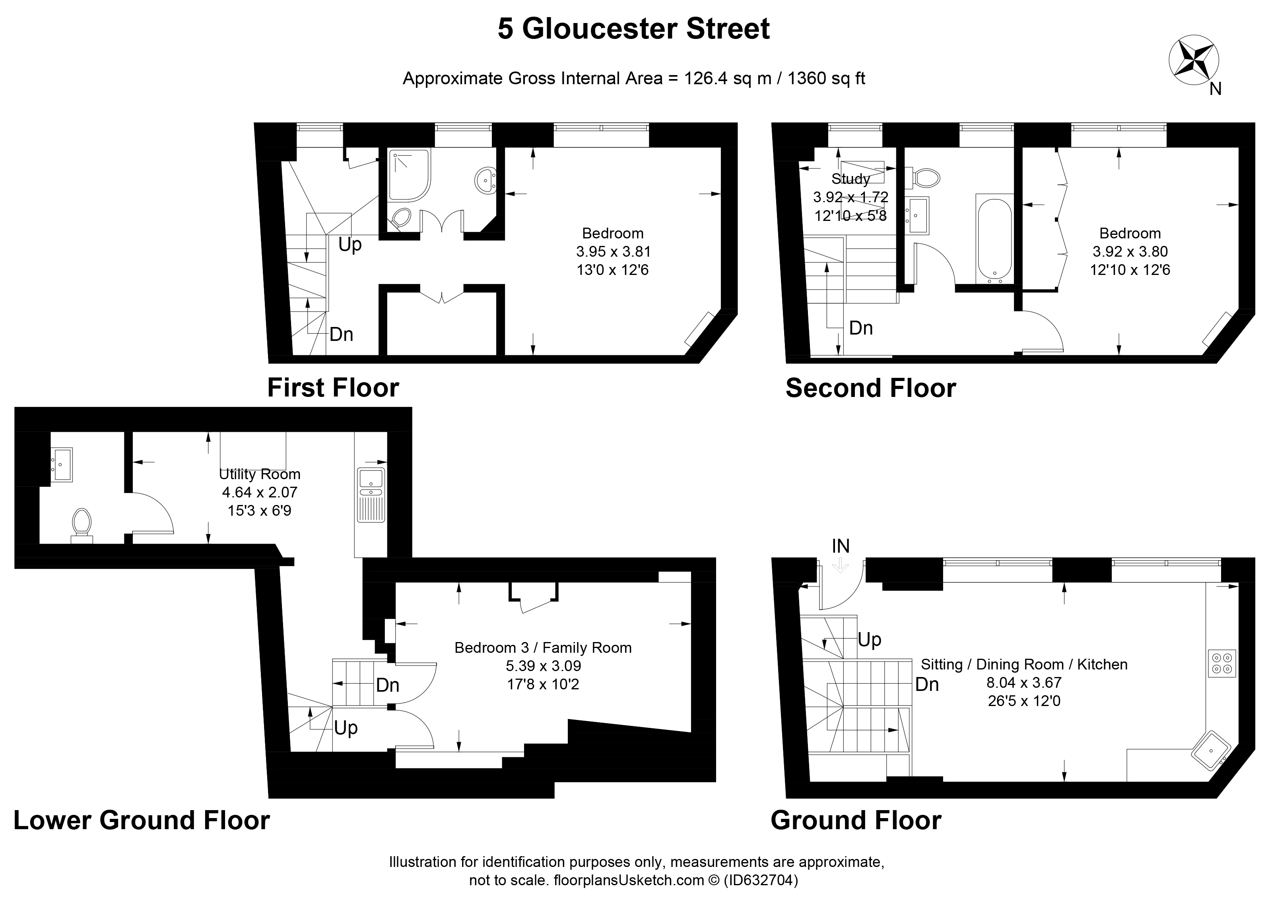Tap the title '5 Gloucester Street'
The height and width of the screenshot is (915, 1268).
633,29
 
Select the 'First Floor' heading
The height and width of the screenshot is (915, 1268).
333,388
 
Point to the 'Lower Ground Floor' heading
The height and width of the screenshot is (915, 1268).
142,820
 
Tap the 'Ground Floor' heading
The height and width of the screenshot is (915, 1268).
856,820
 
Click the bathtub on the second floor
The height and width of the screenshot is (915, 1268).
994,238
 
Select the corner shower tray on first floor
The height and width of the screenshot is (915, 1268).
410,175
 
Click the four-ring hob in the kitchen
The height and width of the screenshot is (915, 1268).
1221,663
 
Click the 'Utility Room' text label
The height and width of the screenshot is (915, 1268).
259,474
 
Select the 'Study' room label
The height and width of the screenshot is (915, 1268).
851,179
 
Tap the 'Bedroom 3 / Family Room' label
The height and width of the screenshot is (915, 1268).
543,648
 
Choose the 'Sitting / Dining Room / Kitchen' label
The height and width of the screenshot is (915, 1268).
1024,664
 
